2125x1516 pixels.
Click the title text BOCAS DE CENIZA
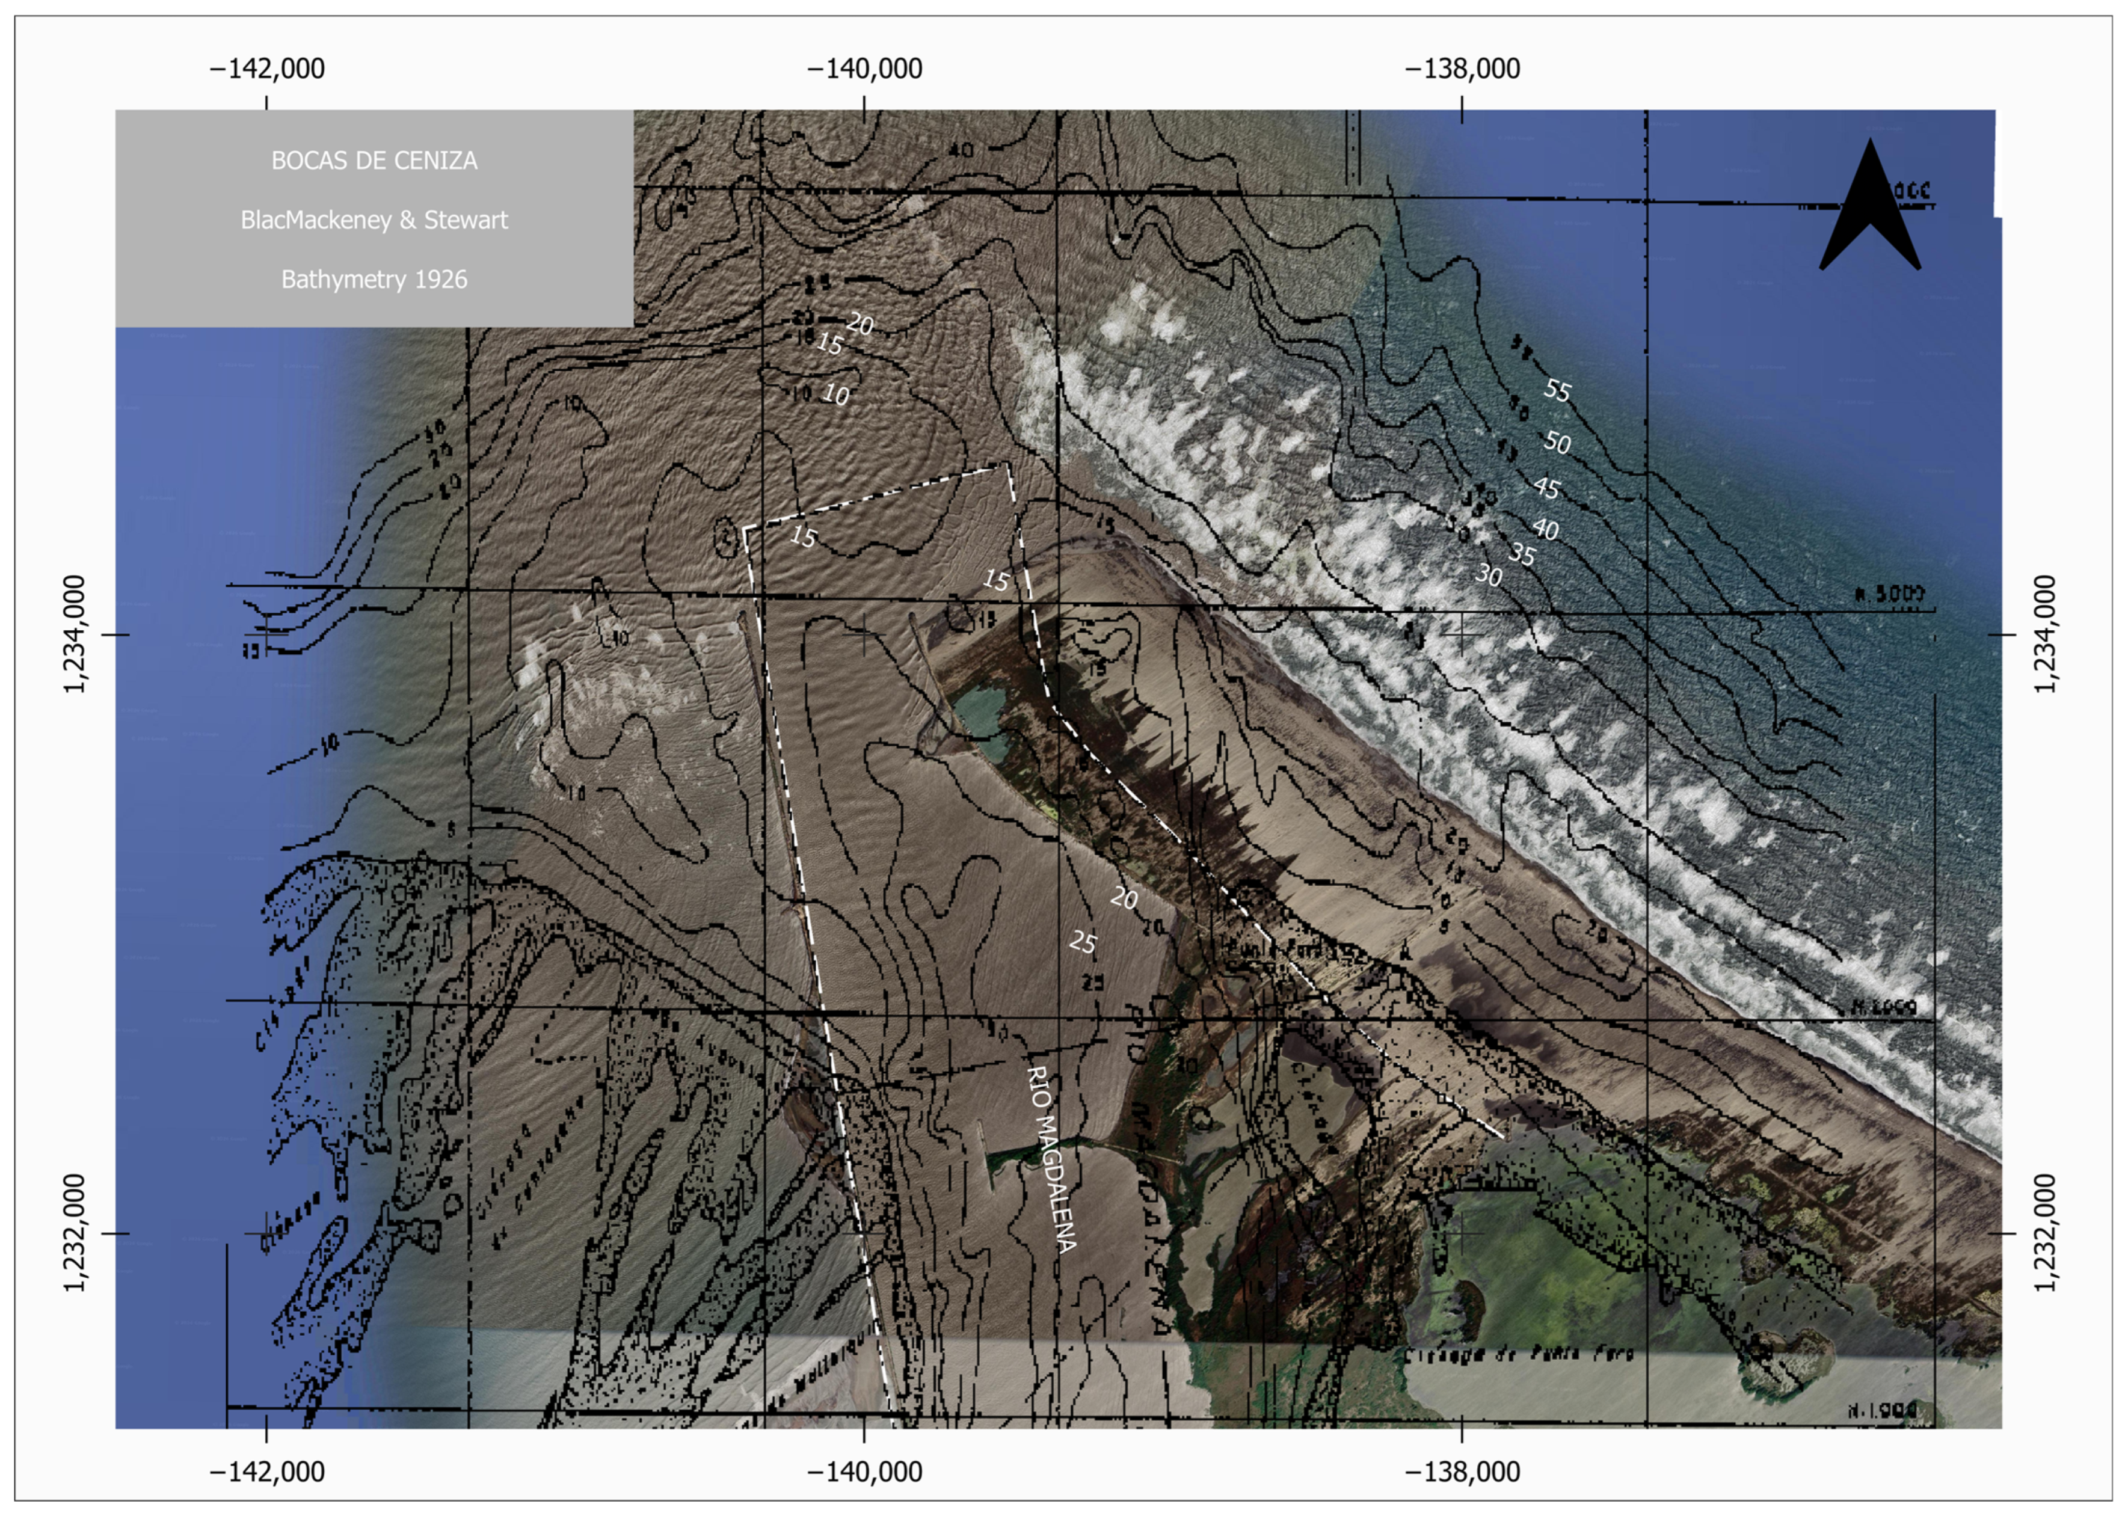coord(374,161)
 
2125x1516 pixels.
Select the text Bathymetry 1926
coord(374,279)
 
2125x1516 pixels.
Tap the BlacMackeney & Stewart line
coord(374,220)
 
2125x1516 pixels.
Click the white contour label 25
coord(1082,943)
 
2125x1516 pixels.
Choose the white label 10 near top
coord(835,395)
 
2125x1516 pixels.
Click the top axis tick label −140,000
coord(864,69)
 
